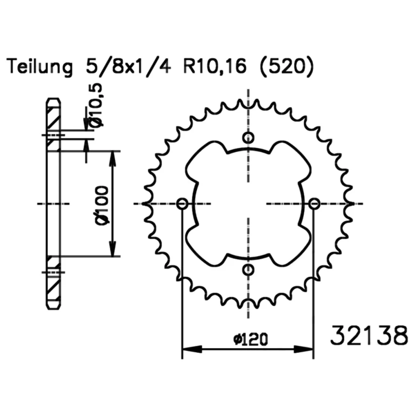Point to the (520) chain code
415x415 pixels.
(x=287, y=67)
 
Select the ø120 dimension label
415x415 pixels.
(x=250, y=339)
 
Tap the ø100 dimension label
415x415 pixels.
(x=102, y=206)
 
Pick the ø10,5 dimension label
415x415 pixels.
(x=96, y=105)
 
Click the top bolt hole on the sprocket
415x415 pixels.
(x=248, y=138)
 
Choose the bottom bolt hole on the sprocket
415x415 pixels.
(x=248, y=270)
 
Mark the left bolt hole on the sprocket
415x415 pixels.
(x=182, y=204)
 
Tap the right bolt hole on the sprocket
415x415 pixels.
(x=314, y=204)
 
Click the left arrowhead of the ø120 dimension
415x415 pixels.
(x=192, y=349)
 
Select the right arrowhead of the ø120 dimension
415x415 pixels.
(x=303, y=349)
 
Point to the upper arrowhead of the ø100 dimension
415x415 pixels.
(x=113, y=160)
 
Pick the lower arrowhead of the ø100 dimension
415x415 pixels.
(x=113, y=247)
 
